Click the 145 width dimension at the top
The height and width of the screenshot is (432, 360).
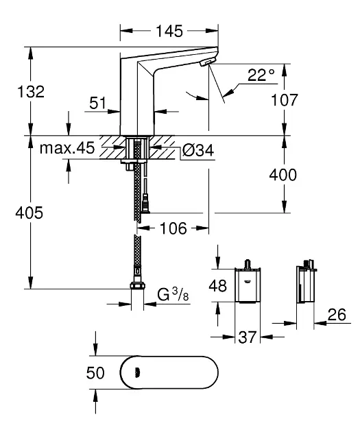(x=169, y=31)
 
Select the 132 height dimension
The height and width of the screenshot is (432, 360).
(x=31, y=91)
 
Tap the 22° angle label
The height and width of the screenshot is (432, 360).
(x=261, y=75)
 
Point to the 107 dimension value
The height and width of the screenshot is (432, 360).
(x=285, y=99)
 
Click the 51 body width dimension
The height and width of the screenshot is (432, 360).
(x=98, y=103)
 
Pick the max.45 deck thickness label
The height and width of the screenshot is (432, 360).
(x=67, y=148)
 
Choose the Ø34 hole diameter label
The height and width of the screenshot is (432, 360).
(x=198, y=150)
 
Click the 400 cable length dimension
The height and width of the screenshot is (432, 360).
(x=283, y=175)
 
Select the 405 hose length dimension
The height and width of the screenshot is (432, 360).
(x=29, y=213)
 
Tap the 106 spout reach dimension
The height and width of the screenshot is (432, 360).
(x=173, y=228)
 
